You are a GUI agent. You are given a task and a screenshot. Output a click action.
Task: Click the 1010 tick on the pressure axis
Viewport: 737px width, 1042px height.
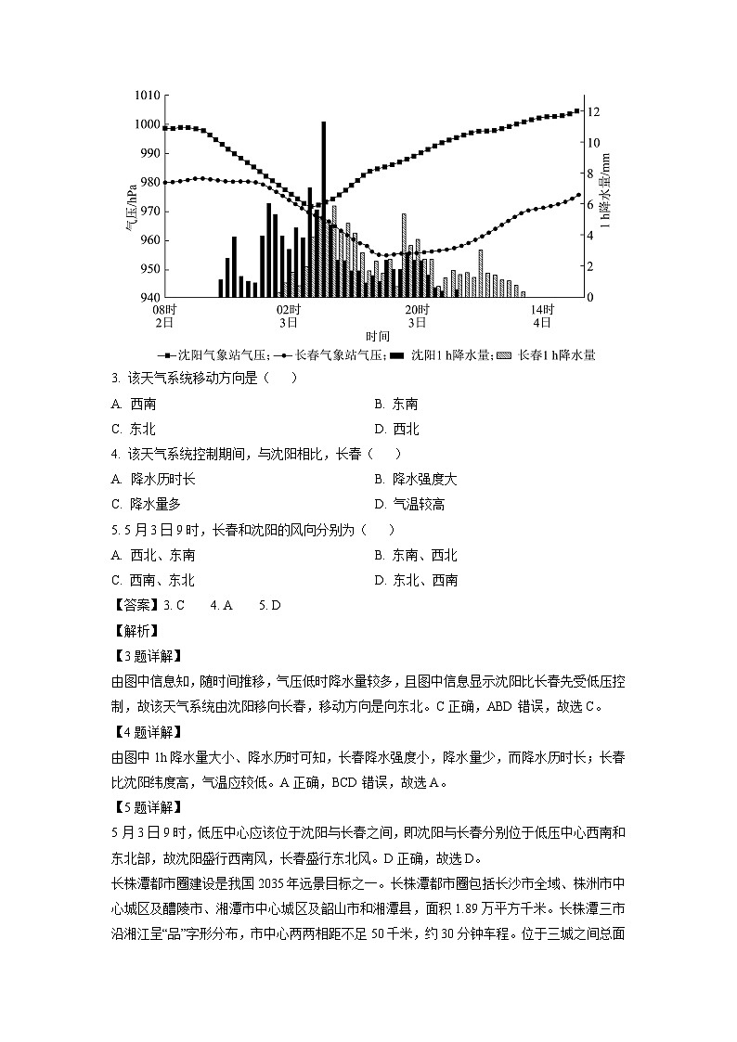point(148,96)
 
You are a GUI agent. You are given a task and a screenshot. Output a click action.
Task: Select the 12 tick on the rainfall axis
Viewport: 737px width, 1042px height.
point(595,111)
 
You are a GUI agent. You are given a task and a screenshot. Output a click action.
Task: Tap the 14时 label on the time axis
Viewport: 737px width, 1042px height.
point(542,309)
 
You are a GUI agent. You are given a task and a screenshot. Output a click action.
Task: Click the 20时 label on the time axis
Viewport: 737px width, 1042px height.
point(416,309)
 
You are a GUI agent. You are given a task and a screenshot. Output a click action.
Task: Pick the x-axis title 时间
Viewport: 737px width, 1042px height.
point(377,336)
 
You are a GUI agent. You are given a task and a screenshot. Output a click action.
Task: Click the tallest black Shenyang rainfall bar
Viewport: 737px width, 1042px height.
point(324,209)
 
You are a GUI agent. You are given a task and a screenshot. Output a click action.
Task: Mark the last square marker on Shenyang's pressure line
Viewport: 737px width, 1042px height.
point(576,110)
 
